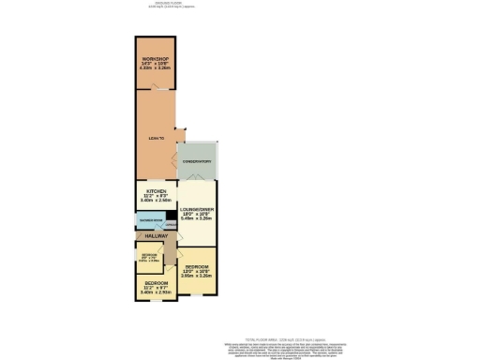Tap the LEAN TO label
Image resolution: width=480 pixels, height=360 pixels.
[157, 139]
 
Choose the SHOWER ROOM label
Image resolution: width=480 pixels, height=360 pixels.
[150, 222]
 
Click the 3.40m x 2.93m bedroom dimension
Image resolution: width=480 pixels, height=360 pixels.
[155, 292]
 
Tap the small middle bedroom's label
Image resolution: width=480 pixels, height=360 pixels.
[150, 256]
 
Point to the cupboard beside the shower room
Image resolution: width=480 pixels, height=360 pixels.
[171, 226]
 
